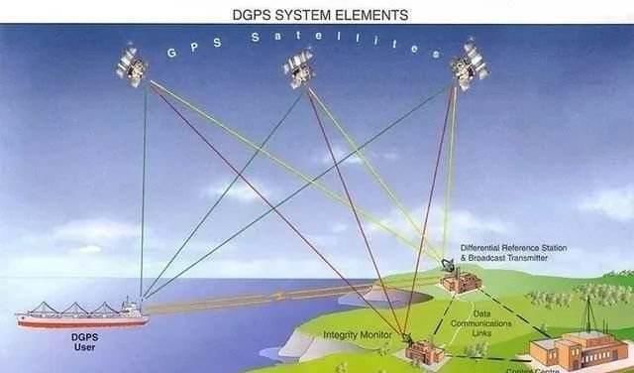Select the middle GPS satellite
point(299,66)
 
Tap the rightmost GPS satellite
point(468,64)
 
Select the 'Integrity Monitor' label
point(356,335)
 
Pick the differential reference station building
point(462,281)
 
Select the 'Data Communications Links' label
point(479,322)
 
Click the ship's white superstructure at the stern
point(132,306)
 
